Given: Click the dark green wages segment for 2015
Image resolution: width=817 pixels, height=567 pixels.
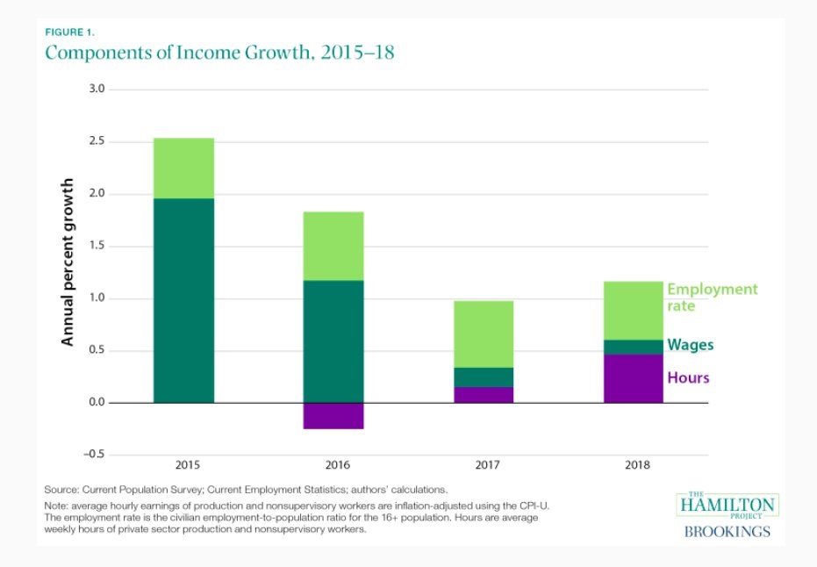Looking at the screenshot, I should tap(183, 300).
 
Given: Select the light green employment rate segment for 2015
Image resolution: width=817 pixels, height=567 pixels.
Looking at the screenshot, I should tap(183, 168).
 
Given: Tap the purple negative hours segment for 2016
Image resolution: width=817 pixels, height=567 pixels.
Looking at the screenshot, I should tap(333, 416).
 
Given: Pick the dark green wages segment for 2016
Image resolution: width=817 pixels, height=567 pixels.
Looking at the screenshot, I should tap(333, 341).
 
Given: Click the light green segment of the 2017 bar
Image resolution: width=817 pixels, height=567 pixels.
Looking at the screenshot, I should tap(484, 334).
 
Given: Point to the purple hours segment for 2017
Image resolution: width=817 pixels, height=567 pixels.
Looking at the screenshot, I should tap(484, 395).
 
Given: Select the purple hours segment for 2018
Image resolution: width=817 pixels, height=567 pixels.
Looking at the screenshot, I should tap(634, 379).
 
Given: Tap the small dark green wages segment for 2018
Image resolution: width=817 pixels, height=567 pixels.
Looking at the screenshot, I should tap(634, 348).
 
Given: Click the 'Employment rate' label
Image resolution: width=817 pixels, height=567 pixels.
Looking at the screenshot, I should tap(712, 297).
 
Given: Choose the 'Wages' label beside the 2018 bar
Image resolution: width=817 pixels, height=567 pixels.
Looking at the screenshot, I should tap(691, 345).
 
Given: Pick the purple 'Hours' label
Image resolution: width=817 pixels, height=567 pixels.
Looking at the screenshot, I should tap(688, 378).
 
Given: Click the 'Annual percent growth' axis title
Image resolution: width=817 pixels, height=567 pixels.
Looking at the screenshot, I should tap(68, 262).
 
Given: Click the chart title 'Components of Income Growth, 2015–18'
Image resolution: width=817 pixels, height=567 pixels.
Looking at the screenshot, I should tap(219, 53).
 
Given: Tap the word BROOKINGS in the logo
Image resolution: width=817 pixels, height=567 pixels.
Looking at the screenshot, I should tap(727, 532).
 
